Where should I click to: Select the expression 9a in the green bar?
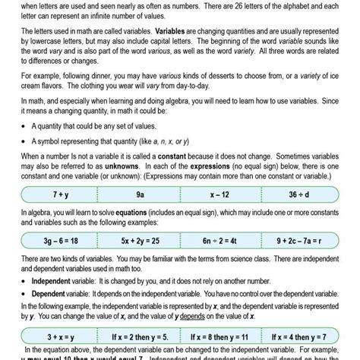(140, 194)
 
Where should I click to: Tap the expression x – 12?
(220, 194)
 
